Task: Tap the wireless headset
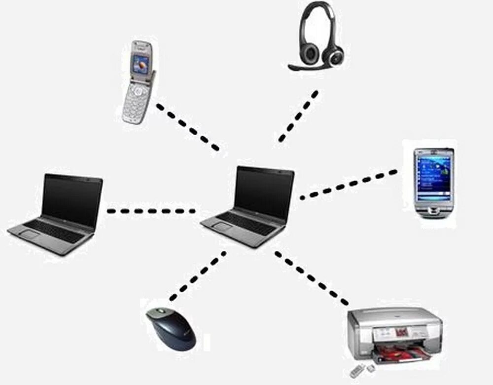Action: pyautogui.click(x=318, y=37)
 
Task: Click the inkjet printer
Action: pyautogui.click(x=394, y=336)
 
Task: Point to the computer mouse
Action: pyautogui.click(x=171, y=328)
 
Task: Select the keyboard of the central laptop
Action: pyautogui.click(x=246, y=224)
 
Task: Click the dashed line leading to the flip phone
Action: pyautogui.click(x=187, y=127)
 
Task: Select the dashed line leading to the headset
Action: pyautogui.click(x=298, y=116)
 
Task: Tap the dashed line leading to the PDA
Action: pyautogui.click(x=348, y=185)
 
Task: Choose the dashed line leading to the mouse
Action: pyautogui.click(x=197, y=276)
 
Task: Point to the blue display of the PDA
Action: pyautogui.click(x=433, y=175)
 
